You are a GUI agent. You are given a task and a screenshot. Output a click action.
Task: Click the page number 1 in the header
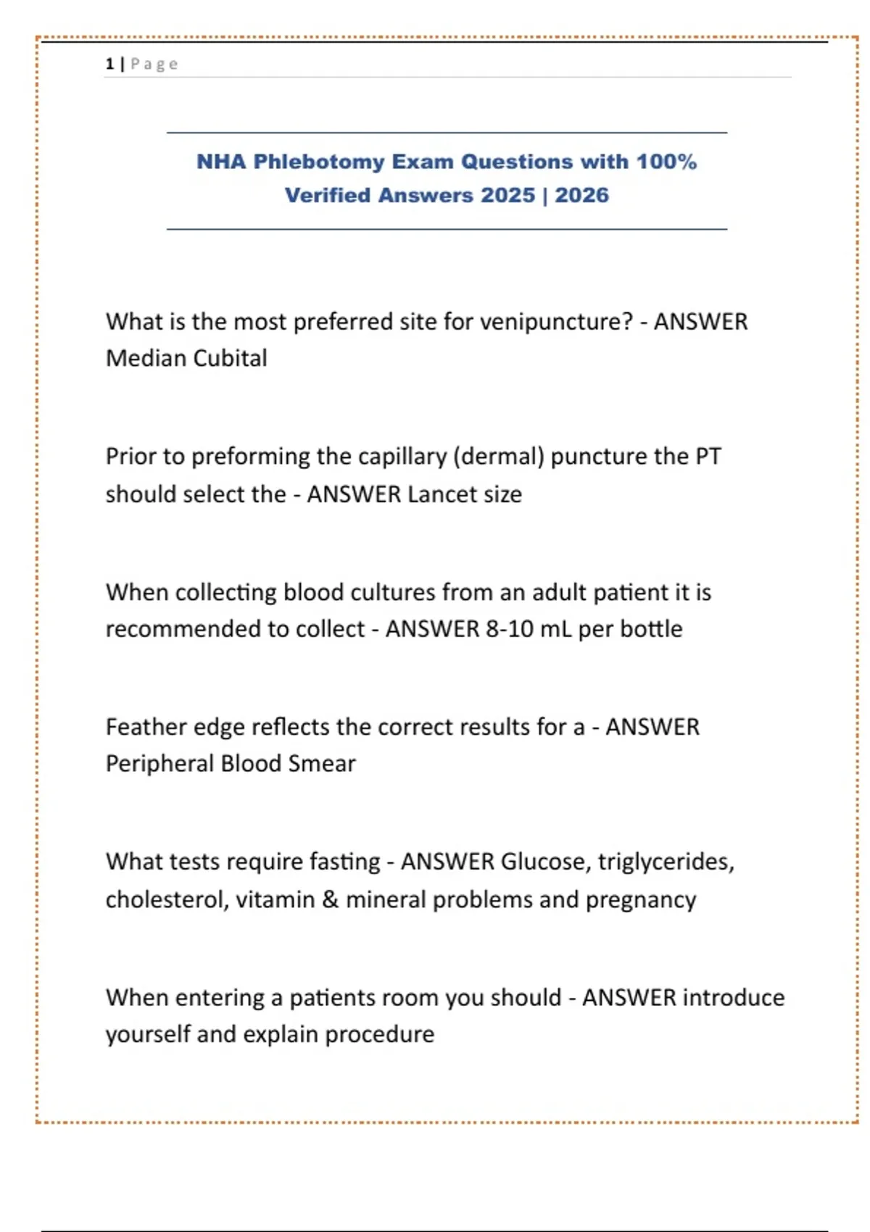109,64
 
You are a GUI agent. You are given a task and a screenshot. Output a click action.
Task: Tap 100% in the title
666,162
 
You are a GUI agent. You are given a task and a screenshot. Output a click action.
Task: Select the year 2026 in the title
581,196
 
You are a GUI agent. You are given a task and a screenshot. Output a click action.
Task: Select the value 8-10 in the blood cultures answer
509,629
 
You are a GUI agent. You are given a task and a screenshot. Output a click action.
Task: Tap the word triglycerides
666,862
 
